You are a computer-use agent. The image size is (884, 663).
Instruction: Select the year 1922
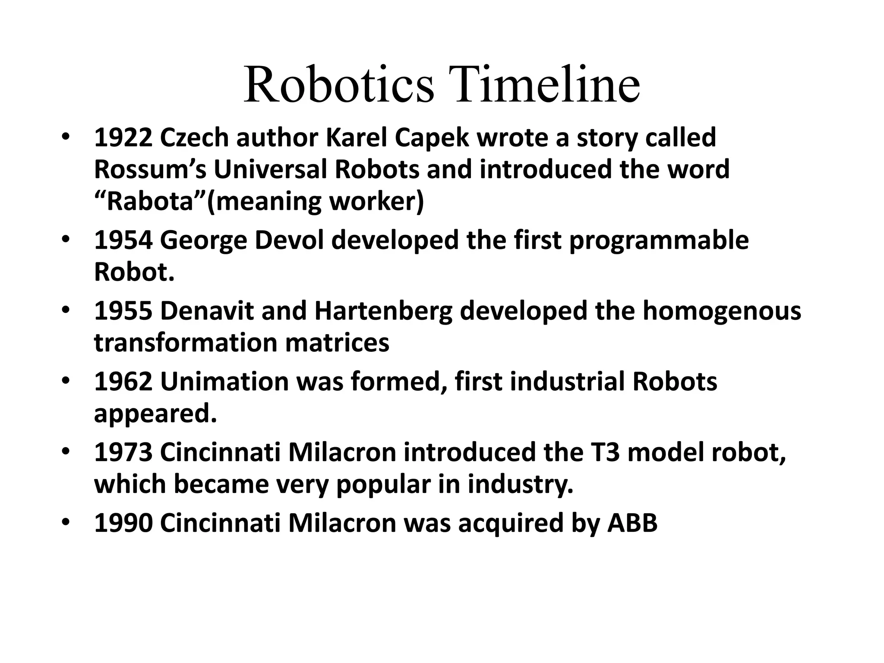pyautogui.click(x=123, y=138)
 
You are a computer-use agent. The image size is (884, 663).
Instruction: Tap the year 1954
pyautogui.click(x=123, y=240)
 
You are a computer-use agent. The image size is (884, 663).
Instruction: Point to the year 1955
pyautogui.click(x=123, y=311)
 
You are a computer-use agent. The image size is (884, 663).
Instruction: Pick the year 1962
pyautogui.click(x=123, y=382)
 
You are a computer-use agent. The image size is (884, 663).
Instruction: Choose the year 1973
pyautogui.click(x=123, y=453)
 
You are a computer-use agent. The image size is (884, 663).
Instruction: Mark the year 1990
pyautogui.click(x=123, y=524)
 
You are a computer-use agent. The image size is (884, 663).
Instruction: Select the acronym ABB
pyautogui.click(x=632, y=524)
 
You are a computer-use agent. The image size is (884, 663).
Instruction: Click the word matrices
pyautogui.click(x=337, y=343)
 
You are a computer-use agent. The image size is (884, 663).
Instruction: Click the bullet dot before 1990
pyautogui.click(x=65, y=523)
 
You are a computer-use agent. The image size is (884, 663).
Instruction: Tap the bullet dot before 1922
pyautogui.click(x=65, y=137)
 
